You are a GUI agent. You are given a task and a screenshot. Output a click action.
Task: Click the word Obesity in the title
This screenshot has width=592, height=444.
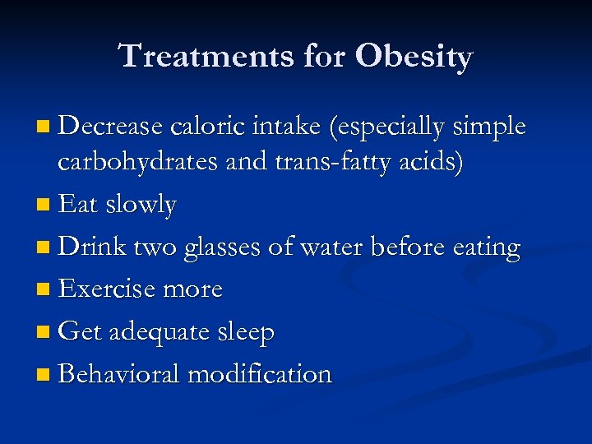(414, 58)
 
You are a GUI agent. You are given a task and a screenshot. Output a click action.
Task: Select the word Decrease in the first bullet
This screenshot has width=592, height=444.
(112, 127)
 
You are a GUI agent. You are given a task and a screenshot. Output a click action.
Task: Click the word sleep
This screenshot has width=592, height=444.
(244, 333)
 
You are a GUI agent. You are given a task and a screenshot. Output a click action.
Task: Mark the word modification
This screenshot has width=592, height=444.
(260, 375)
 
